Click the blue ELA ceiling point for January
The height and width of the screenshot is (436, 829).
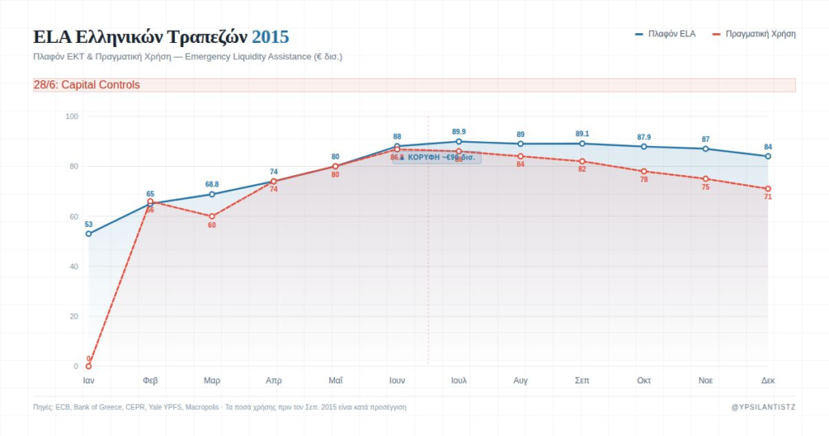click(88, 233)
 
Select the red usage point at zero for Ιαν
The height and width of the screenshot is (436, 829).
click(88, 366)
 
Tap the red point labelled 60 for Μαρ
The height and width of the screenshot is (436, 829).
click(212, 216)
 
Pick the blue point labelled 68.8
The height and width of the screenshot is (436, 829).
click(212, 194)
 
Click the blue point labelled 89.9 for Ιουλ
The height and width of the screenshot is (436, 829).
click(459, 142)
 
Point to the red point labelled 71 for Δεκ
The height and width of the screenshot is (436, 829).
click(767, 189)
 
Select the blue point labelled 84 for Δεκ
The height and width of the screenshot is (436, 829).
click(767, 156)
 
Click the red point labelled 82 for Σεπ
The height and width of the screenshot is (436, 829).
click(582, 161)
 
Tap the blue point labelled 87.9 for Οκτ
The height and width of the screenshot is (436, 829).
click(644, 147)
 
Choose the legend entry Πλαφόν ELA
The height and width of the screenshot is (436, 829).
click(665, 34)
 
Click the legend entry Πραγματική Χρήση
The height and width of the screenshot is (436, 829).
click(754, 34)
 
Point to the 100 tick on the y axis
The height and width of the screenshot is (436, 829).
click(72, 117)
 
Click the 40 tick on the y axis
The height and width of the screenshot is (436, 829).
click(72, 267)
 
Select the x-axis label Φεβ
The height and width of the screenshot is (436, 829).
click(150, 380)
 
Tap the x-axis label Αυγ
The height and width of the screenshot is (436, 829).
click(521, 380)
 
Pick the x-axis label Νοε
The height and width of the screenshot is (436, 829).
click(706, 380)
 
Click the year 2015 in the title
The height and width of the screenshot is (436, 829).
click(270, 37)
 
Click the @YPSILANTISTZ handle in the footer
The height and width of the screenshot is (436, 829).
click(763, 407)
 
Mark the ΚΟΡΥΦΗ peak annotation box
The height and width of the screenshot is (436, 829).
click(436, 157)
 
